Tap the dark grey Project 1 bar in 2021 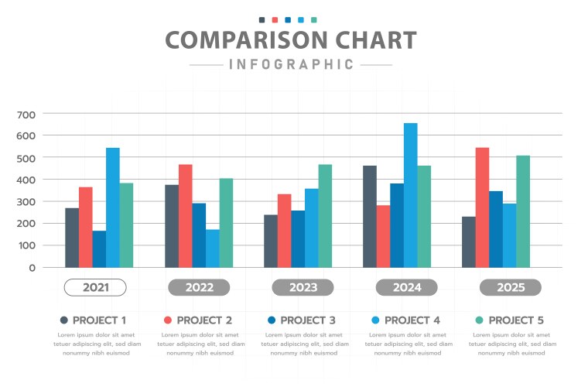(72, 238)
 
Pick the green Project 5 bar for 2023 (325, 216)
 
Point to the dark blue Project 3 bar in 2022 (199, 235)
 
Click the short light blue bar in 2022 (212, 248)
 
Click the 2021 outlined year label (95, 288)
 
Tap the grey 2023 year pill (303, 288)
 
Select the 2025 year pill (510, 288)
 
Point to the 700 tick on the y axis (26, 115)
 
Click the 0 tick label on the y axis (32, 268)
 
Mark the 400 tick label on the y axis (26, 180)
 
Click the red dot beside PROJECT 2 (167, 320)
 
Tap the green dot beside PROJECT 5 (479, 320)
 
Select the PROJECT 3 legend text (308, 320)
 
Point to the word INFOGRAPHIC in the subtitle (291, 64)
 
